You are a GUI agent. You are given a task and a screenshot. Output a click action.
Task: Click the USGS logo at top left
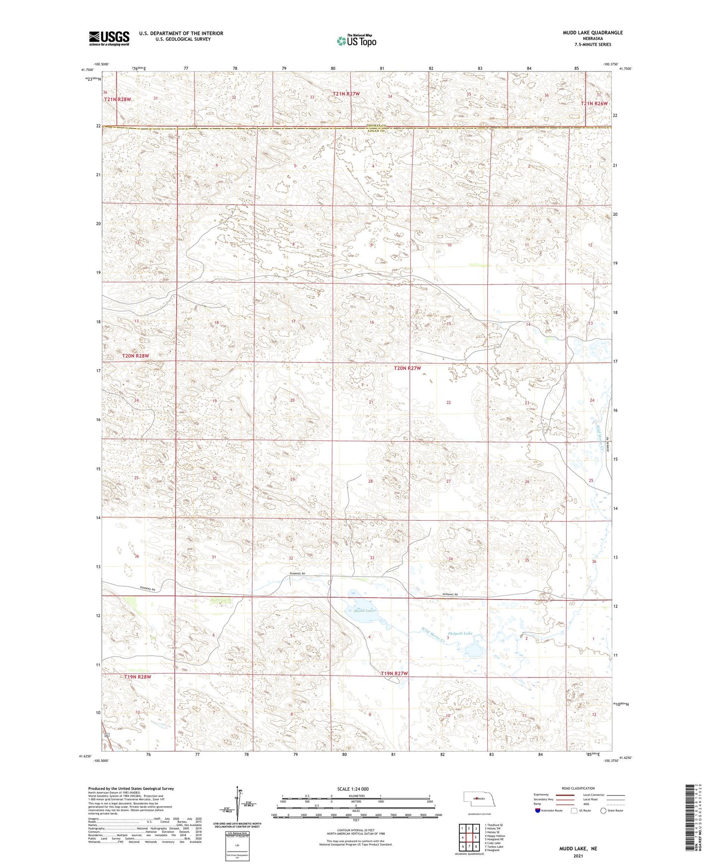(x=109, y=38)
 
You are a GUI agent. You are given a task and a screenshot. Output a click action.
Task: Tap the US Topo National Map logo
(x=356, y=41)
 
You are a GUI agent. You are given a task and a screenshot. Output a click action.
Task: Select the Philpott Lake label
(x=460, y=633)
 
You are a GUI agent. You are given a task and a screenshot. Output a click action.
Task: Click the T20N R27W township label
(x=407, y=368)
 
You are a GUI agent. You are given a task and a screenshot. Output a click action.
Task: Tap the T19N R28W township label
(x=137, y=677)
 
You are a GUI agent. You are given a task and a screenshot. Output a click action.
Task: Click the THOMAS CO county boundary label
(x=376, y=126)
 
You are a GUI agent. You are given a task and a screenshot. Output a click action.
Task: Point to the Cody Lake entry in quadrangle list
(x=493, y=843)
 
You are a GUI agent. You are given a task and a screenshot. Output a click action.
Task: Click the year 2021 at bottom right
(x=578, y=856)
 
